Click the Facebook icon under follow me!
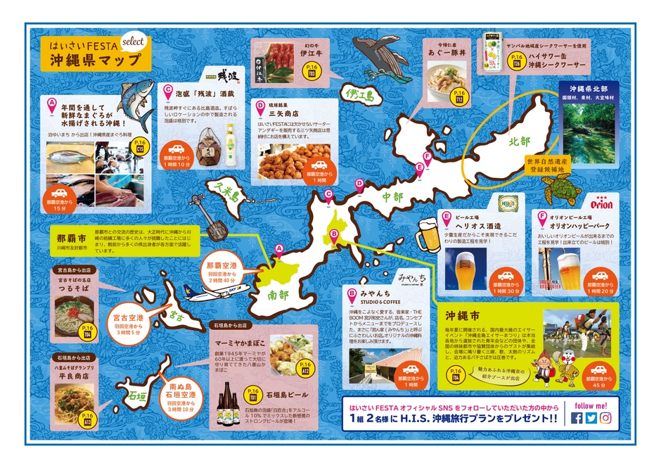point(577,418)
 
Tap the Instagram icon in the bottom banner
point(605,418)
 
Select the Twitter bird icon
point(591,418)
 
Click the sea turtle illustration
point(558,185)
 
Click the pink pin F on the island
point(426,157)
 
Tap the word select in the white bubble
point(132,41)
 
